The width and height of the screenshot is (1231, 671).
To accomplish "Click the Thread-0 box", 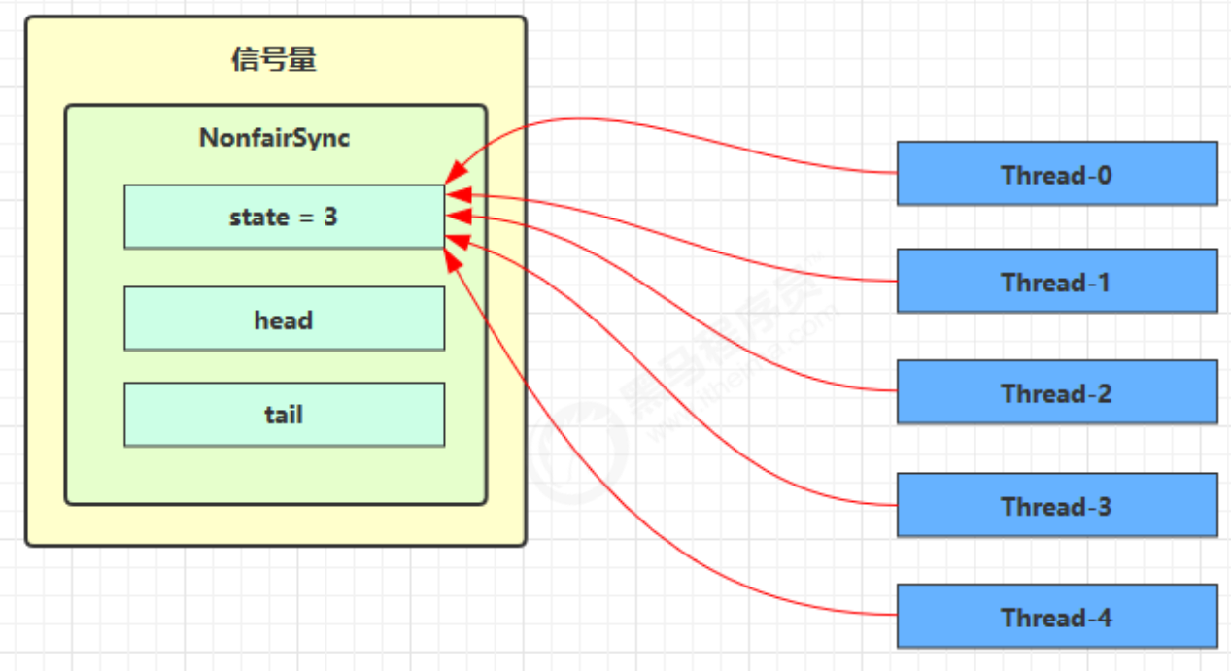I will click(x=1056, y=174).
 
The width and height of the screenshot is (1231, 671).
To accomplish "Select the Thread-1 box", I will click(x=1056, y=282).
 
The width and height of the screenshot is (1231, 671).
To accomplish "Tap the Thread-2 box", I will click(x=1056, y=392).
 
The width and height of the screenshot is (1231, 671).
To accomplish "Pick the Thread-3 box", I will click(x=1056, y=505).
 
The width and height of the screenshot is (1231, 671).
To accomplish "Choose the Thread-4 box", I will click(x=1056, y=617).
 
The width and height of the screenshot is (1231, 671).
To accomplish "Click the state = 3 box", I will click(x=284, y=217).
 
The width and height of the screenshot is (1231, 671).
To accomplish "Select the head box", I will click(x=284, y=319).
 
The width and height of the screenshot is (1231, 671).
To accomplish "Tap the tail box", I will click(x=284, y=415).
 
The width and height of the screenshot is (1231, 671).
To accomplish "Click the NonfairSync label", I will click(x=274, y=138).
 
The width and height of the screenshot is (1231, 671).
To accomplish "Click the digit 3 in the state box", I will click(x=330, y=217).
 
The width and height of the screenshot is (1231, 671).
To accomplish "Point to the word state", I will click(x=258, y=217).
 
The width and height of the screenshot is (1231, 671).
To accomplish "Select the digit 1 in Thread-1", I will click(x=1103, y=283).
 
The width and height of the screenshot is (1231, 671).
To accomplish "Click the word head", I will click(x=284, y=319).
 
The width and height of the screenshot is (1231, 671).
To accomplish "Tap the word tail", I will click(x=284, y=415).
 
